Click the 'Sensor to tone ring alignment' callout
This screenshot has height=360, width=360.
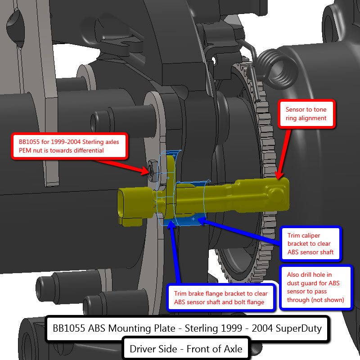click(x=306, y=114)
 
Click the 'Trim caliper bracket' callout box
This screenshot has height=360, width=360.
click(x=310, y=243)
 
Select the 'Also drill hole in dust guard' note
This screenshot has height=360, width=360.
click(x=316, y=287)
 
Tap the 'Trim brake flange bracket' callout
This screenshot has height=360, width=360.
click(x=220, y=297)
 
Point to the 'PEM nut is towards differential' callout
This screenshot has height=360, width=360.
click(x=69, y=146)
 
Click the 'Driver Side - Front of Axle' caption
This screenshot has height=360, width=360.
click(x=186, y=349)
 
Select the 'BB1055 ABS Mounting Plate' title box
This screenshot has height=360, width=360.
click(x=187, y=328)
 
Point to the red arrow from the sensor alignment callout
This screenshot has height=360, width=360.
click(x=283, y=154)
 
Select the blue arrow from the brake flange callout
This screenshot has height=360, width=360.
click(x=175, y=252)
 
